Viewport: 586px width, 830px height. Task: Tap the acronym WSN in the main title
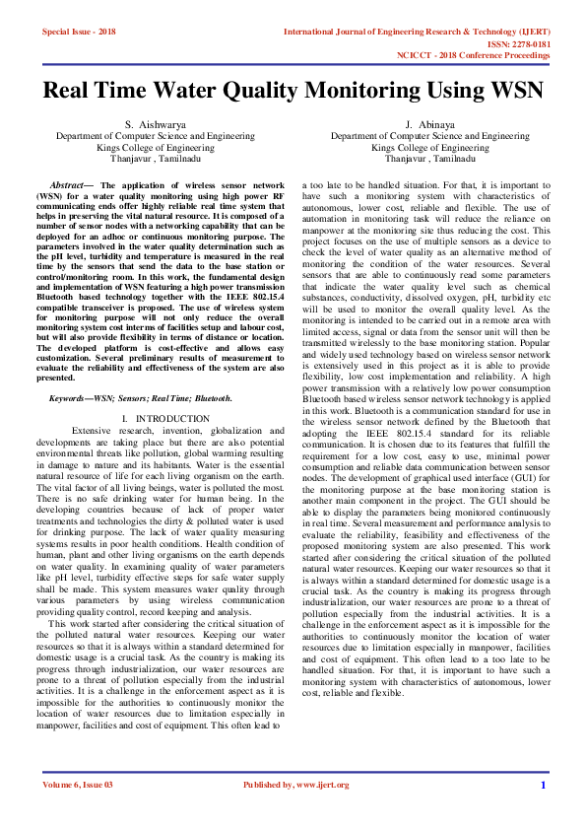tap(512, 92)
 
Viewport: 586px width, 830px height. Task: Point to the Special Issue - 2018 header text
tap(79, 32)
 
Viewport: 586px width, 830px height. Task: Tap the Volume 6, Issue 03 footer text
tap(78, 786)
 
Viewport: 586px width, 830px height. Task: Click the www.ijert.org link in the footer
tap(322, 786)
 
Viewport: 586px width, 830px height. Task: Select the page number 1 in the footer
tap(543, 786)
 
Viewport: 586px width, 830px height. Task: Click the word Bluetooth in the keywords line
tap(213, 398)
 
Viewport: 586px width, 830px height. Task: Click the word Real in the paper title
tap(71, 92)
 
